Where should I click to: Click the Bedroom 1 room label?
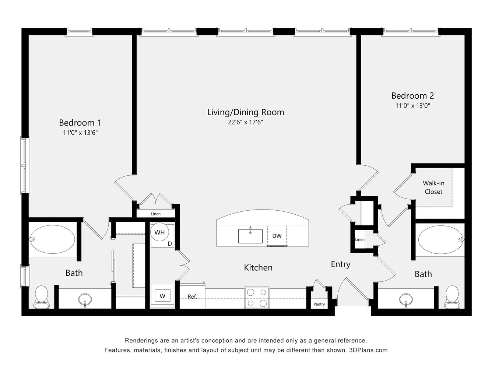click(80, 123)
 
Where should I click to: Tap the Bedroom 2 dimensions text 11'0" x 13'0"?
click(413, 106)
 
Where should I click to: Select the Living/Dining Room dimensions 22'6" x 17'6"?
click(245, 122)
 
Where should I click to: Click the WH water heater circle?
click(159, 232)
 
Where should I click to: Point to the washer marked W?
click(162, 296)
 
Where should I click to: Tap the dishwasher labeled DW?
click(277, 236)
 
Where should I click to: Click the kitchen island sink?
click(250, 236)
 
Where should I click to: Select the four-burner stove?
click(257, 298)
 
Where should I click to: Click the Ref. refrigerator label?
click(192, 296)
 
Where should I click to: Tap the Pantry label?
click(319, 304)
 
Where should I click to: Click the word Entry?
click(341, 264)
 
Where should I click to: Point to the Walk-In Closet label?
click(433, 187)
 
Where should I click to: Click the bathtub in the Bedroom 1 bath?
click(52, 239)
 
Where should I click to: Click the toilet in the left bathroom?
click(42, 297)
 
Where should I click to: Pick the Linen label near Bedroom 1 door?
click(156, 214)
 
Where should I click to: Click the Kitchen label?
click(258, 267)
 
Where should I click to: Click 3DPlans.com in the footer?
click(368, 350)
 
